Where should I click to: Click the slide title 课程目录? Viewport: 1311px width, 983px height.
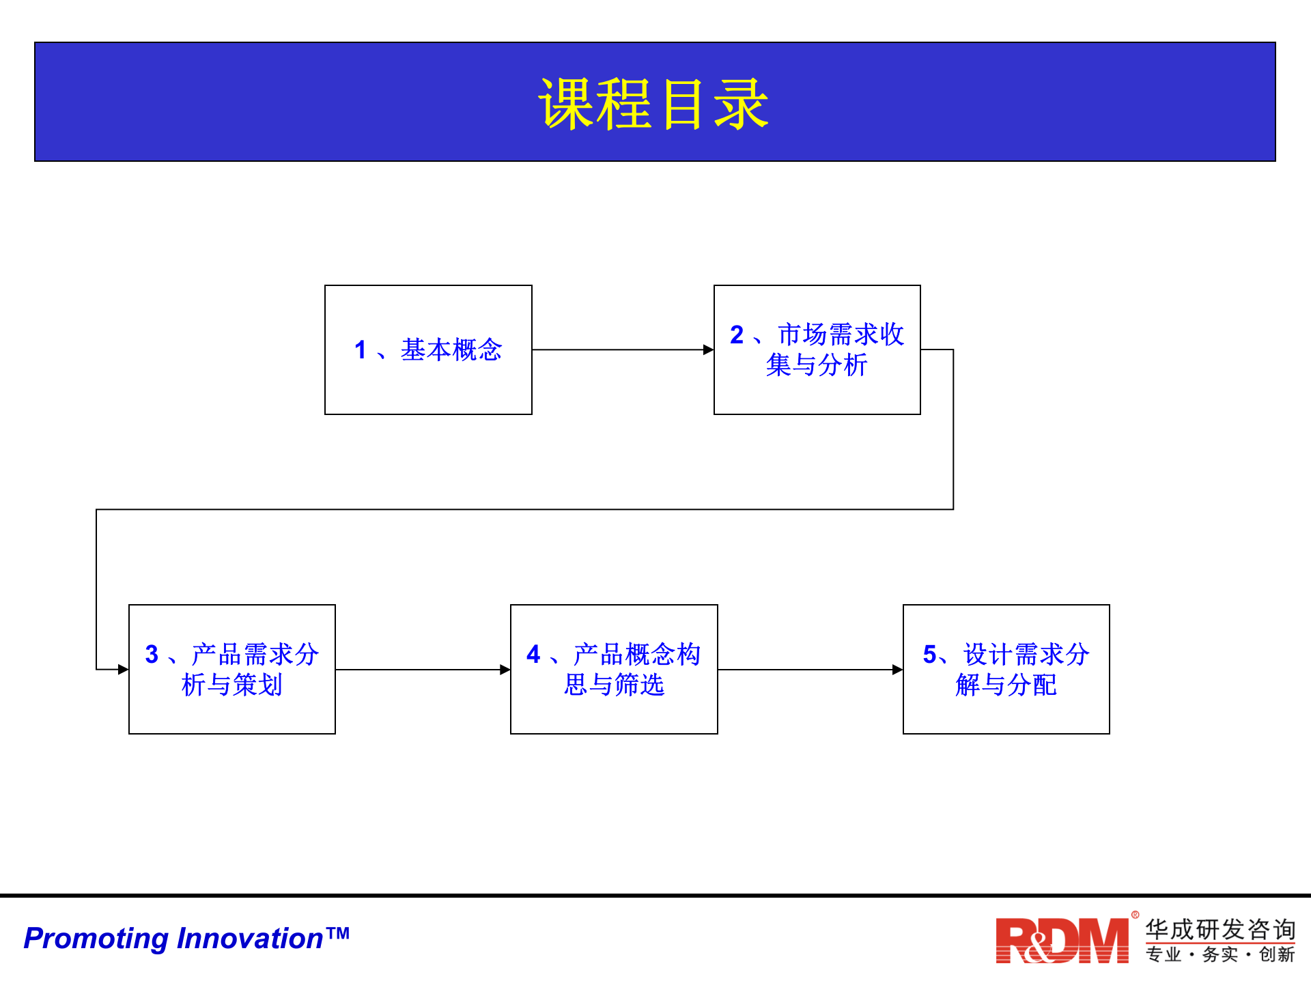click(653, 104)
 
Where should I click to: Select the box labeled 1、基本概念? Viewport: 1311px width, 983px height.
click(428, 350)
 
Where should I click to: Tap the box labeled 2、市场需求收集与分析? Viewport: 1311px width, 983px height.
click(817, 350)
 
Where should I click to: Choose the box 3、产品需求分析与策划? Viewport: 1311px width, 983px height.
click(231, 669)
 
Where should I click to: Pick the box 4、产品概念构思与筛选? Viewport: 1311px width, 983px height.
click(613, 669)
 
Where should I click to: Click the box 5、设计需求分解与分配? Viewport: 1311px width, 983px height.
click(1006, 669)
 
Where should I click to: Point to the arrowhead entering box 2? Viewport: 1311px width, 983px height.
click(709, 350)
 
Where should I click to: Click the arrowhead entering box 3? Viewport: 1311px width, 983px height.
click(124, 669)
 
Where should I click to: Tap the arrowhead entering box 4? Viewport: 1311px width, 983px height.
click(505, 670)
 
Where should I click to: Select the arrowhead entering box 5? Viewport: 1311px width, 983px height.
click(898, 670)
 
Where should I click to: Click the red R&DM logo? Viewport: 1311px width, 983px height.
click(1062, 941)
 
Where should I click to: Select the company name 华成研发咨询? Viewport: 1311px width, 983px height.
click(1220, 929)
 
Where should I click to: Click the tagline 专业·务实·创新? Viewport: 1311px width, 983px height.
click(1220, 954)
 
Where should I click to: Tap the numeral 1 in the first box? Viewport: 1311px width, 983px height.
click(361, 350)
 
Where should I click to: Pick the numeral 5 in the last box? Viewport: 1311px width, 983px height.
click(929, 654)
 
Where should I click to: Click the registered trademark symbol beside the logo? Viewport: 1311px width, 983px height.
click(1135, 915)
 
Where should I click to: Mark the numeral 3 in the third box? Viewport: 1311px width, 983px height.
click(152, 654)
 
